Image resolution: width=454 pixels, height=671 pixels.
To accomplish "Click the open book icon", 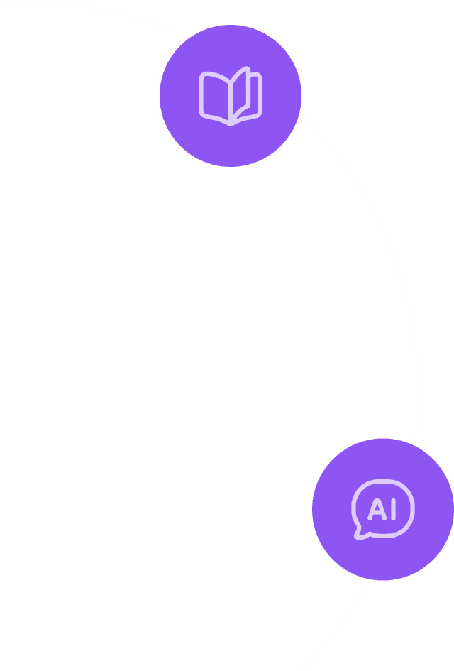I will click(x=231, y=97).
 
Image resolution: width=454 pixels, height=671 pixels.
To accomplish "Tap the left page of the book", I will click(x=214, y=97).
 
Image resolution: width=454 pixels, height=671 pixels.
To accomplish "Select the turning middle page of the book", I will click(x=240, y=92).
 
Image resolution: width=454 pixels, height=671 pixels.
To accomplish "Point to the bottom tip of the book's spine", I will click(x=230, y=124).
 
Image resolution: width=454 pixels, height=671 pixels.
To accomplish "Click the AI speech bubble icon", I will click(x=383, y=509).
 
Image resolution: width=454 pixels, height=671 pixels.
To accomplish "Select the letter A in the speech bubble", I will click(x=375, y=509).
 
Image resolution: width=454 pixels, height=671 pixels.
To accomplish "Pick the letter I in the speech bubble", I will click(x=392, y=509).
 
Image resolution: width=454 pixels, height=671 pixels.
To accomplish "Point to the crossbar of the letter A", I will click(x=375, y=513).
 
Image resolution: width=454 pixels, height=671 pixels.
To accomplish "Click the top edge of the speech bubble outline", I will click(x=383, y=482).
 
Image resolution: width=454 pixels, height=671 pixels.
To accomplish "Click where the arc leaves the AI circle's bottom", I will click(x=370, y=579).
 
